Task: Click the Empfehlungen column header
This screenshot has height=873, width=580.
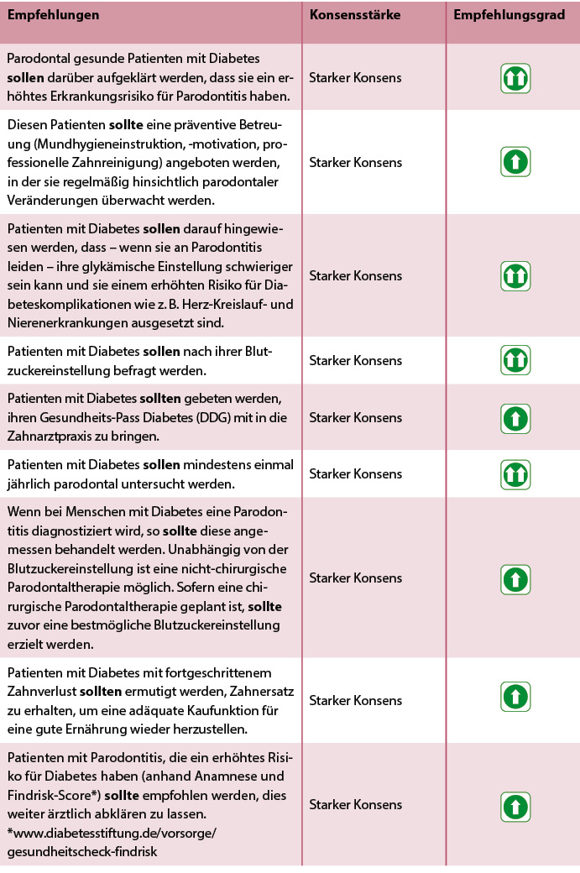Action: pos(53,15)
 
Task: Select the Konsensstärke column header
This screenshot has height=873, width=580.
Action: pos(355,15)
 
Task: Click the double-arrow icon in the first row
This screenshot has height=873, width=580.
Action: pos(515,78)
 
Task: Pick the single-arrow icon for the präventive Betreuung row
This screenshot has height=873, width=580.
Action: pos(515,161)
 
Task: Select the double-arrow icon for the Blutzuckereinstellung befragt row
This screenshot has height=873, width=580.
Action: pos(515,360)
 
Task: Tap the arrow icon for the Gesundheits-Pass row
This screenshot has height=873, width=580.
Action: pos(515,417)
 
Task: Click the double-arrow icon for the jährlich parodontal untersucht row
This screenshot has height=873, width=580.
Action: pos(515,473)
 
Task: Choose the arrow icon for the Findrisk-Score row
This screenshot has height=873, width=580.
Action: pos(515,805)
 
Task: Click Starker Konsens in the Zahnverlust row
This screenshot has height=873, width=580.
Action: pos(355,700)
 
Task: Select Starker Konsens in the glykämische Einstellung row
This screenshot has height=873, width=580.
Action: pos(355,275)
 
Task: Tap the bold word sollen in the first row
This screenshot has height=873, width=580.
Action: pos(26,78)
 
